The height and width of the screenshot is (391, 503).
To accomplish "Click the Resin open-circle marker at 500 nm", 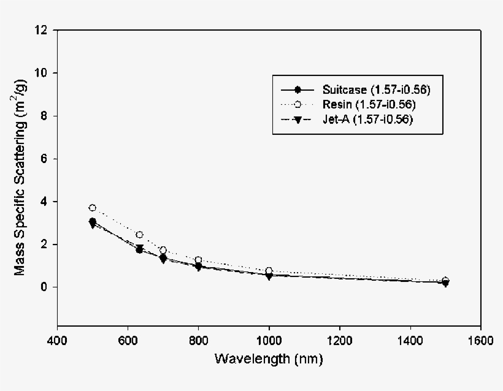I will pos(93,208).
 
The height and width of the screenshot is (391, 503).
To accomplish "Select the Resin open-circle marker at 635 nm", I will pos(140,235).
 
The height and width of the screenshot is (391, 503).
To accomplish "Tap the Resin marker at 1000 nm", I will pos(269,271).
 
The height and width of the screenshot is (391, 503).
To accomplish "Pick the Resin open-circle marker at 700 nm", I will pos(163,250).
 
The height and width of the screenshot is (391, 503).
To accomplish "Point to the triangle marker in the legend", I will pos(298,120).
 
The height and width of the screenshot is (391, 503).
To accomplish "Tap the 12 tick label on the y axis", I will pos(44,30).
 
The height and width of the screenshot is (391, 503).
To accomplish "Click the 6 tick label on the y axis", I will pos(47,159).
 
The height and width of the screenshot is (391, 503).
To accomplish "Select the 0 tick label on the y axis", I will pos(47,287).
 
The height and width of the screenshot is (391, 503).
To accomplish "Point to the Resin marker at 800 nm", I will pos(198,260).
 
